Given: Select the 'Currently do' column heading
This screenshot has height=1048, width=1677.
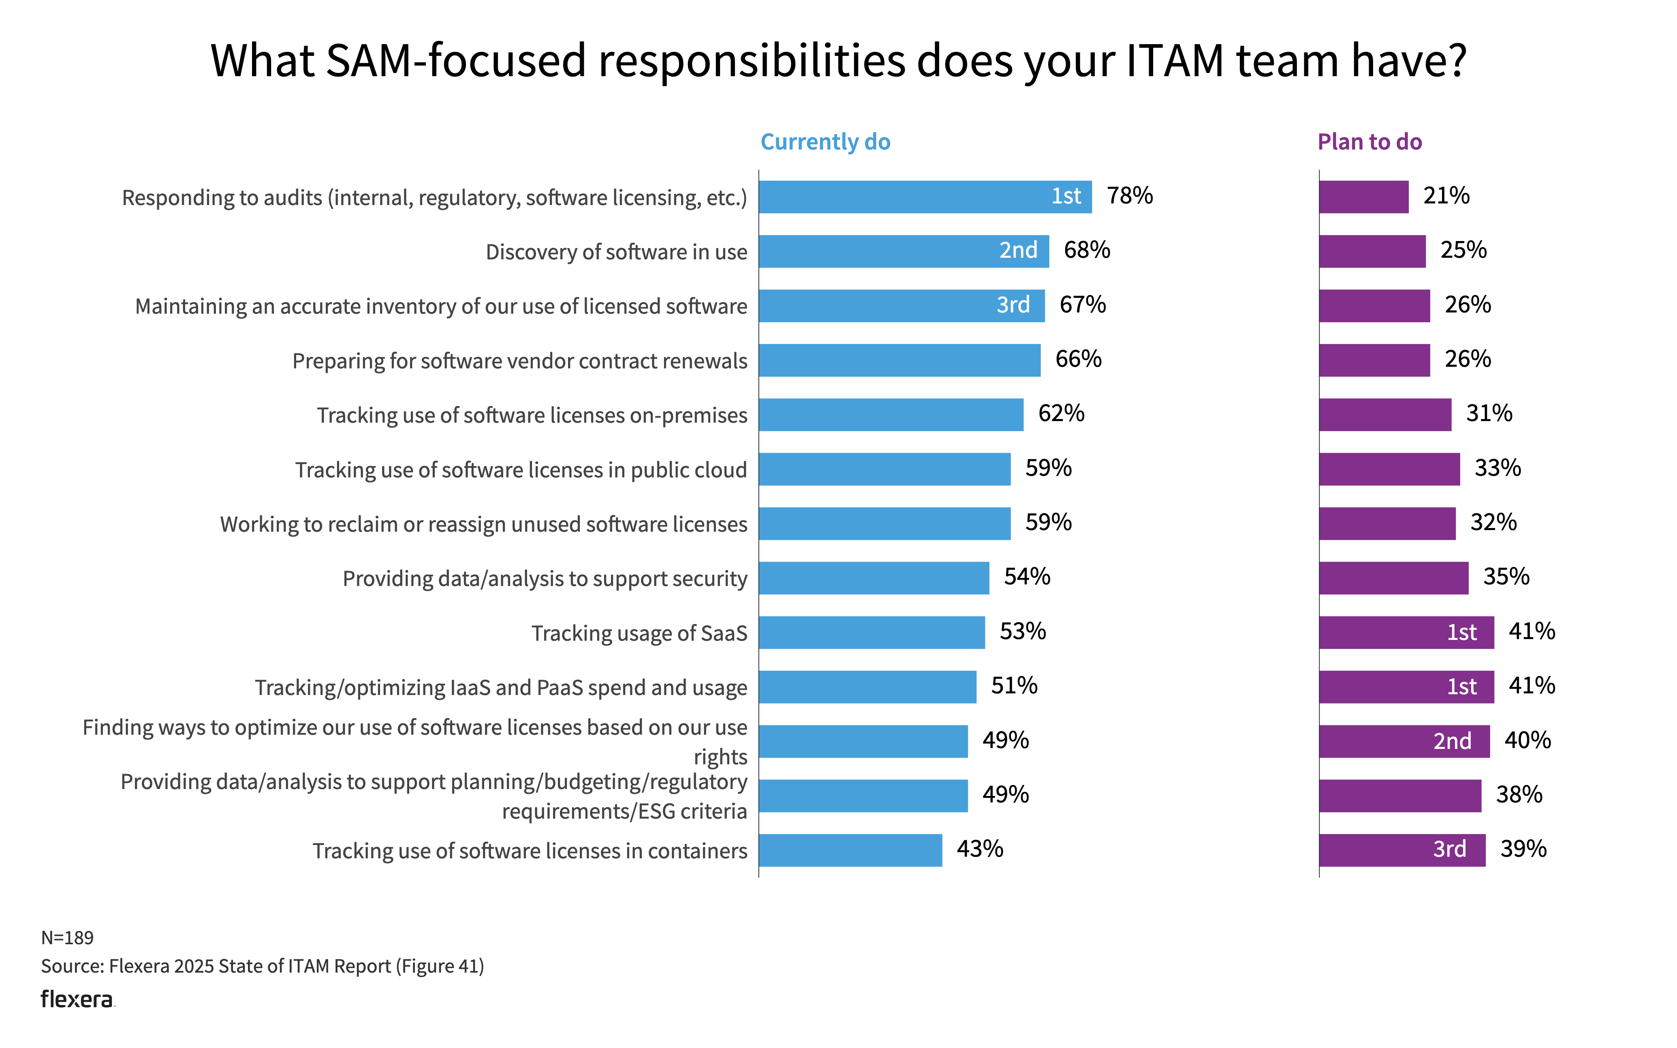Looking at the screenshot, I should click(825, 142).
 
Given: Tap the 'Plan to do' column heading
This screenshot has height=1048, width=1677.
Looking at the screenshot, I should click(1369, 142).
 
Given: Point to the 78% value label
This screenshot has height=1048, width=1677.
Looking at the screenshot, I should click(1130, 196).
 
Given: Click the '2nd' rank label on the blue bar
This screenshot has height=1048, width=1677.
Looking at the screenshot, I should click(1018, 250).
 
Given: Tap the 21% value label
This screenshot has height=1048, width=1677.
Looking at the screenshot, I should click(1446, 196).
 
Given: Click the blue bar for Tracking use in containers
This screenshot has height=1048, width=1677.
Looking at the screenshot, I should click(850, 850).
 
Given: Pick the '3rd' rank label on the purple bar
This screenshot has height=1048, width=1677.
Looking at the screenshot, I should click(1449, 849).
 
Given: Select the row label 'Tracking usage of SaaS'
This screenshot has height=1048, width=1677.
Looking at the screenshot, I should click(639, 633).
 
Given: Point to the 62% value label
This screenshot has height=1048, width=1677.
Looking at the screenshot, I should click(1061, 414).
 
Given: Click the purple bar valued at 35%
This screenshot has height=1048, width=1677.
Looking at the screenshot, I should click(1393, 578).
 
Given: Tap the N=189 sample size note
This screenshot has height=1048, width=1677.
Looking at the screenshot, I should click(67, 938).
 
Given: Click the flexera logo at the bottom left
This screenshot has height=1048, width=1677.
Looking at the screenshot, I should click(77, 999).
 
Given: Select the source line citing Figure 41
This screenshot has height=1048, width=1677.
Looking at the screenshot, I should click(263, 966).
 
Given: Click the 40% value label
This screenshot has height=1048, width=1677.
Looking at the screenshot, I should click(1527, 740).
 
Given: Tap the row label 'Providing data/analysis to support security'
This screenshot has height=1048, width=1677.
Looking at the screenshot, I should click(545, 579).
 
